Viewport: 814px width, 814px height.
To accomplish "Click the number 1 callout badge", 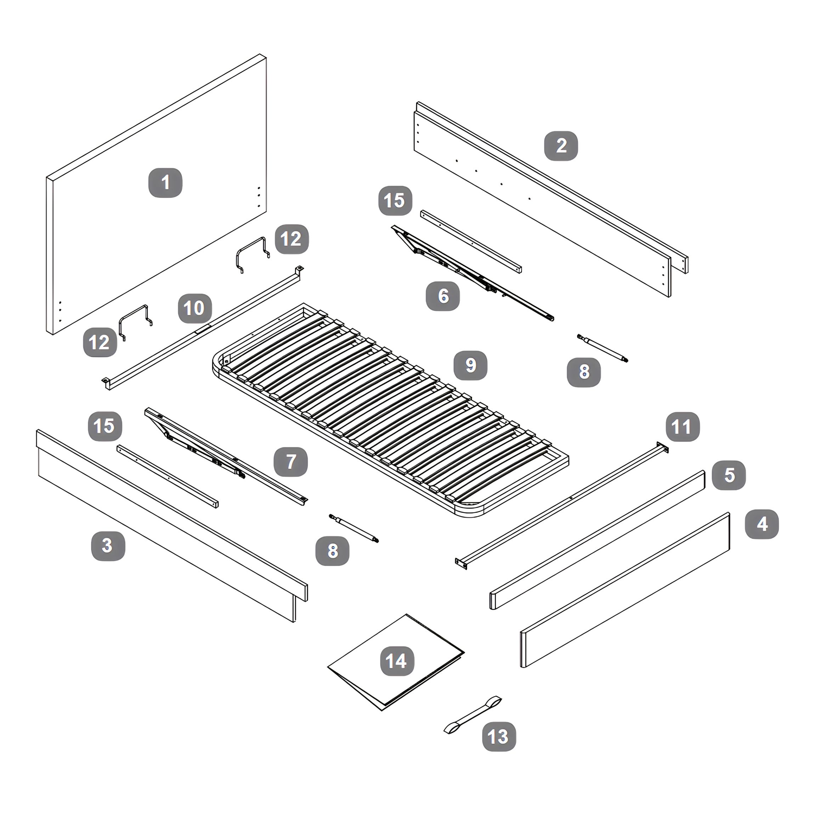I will [165, 183].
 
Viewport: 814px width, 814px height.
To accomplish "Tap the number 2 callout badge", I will [561, 146].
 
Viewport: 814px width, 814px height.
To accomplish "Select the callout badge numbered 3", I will [108, 546].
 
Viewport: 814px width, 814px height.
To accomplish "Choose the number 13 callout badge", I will [499, 736].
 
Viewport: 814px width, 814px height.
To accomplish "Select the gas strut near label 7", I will [354, 528].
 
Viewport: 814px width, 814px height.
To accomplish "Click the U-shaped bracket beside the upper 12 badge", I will [252, 254].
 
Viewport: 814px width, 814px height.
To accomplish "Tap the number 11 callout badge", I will [683, 427].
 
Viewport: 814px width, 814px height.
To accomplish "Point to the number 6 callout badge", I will [443, 296].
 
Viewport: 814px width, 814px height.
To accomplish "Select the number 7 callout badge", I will [291, 462].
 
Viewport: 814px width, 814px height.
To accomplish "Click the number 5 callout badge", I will [729, 475].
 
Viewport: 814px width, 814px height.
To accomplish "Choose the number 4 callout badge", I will [762, 524].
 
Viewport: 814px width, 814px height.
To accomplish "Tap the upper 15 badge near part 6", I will [395, 200].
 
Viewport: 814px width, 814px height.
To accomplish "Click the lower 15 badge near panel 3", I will [104, 426].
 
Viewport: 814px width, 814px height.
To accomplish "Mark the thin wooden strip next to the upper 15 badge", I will [471, 242].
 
